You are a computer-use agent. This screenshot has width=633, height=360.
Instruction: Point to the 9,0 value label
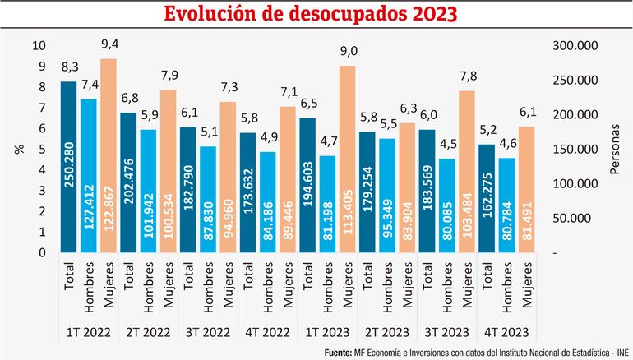coord(349,52)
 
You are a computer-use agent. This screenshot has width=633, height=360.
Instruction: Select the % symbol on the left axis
coord(18,149)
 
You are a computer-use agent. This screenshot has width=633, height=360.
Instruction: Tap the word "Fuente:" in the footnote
coord(340,353)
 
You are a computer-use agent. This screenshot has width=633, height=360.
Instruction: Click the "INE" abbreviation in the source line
coord(622,353)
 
